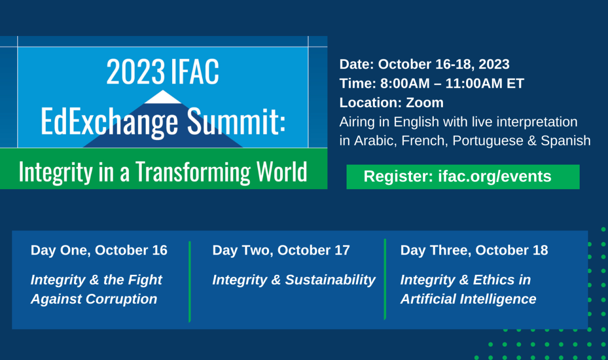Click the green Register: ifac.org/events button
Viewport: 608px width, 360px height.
tap(463, 176)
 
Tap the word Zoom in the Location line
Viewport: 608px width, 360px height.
tap(425, 103)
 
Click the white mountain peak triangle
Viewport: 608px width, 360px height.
tap(163, 97)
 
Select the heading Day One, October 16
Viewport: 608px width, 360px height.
tap(99, 250)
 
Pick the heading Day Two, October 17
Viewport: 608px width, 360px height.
tap(281, 250)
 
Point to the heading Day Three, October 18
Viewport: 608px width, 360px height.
tap(474, 250)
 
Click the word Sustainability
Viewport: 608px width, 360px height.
tap(330, 280)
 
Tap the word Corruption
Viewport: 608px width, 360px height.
tap(121, 299)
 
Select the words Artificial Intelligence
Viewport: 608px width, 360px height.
tap(468, 299)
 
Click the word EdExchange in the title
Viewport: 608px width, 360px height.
tap(109, 121)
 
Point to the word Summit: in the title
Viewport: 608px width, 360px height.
tap(236, 121)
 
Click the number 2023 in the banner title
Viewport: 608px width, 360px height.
tap(135, 71)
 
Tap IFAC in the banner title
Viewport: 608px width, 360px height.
tap(195, 71)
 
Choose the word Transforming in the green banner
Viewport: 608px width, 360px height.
tap(193, 172)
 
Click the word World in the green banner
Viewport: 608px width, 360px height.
tap(282, 171)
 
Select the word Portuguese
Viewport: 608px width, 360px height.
tap(488, 141)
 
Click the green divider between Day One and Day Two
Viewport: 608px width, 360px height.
tap(189, 282)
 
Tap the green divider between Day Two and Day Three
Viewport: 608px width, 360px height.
tap(385, 279)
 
